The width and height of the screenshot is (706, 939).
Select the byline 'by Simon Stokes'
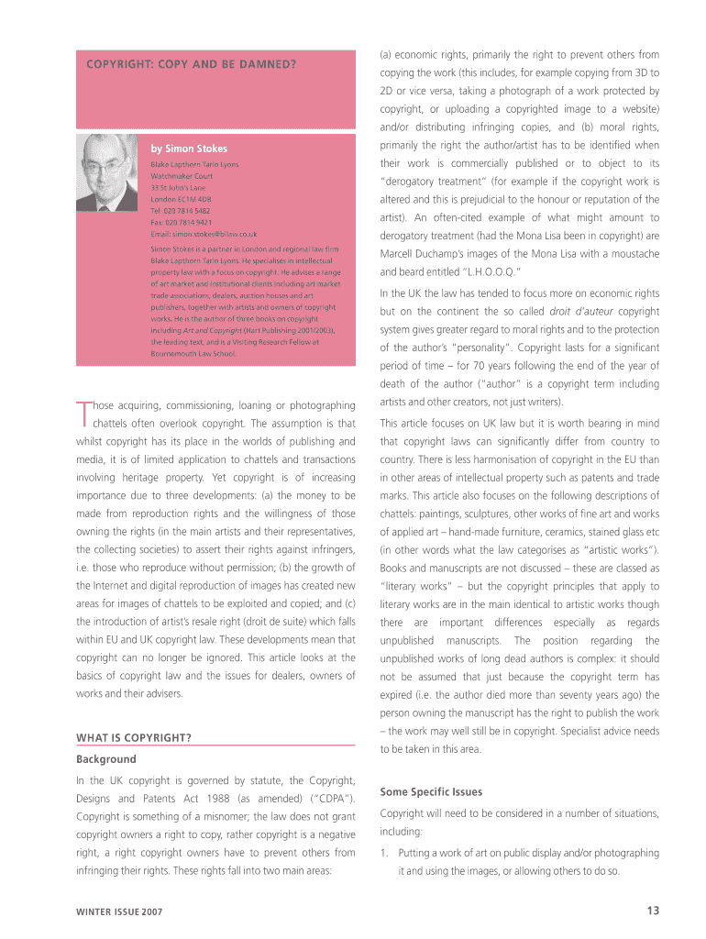point(189,149)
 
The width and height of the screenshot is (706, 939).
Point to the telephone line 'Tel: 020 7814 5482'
point(181,210)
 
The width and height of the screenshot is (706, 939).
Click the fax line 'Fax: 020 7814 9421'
point(181,222)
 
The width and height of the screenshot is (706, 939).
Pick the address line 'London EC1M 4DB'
point(181,198)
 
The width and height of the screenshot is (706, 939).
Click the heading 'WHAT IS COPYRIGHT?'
point(134,737)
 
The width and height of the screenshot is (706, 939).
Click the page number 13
point(652,910)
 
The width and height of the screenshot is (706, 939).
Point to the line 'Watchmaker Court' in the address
point(182,174)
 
